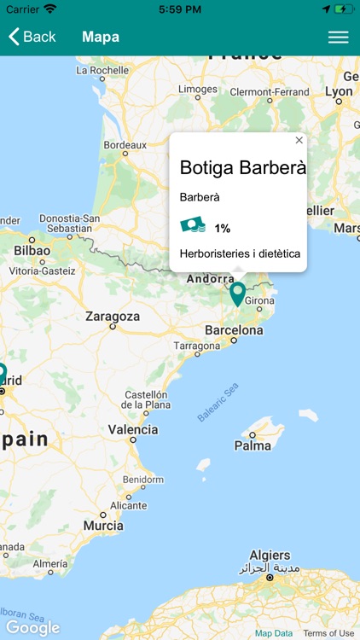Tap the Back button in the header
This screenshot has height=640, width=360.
(x=32, y=37)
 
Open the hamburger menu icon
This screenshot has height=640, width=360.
(x=339, y=37)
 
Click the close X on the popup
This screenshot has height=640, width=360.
(x=299, y=140)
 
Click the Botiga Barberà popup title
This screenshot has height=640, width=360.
(x=242, y=168)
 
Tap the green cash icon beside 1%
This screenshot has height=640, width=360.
(x=193, y=226)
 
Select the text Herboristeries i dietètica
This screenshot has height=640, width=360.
(x=240, y=253)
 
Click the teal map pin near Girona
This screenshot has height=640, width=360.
(x=238, y=294)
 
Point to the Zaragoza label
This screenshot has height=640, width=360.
(x=113, y=317)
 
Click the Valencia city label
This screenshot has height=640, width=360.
(x=133, y=429)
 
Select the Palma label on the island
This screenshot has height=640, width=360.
(x=253, y=445)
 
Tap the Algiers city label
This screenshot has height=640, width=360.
(x=270, y=555)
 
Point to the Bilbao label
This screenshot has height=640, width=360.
(x=32, y=252)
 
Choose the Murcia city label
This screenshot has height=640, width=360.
(x=103, y=526)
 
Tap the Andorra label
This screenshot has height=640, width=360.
(x=210, y=278)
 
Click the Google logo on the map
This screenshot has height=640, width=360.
(x=32, y=628)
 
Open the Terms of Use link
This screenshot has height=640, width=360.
(x=328, y=633)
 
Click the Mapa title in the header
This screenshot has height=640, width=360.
(x=101, y=37)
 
